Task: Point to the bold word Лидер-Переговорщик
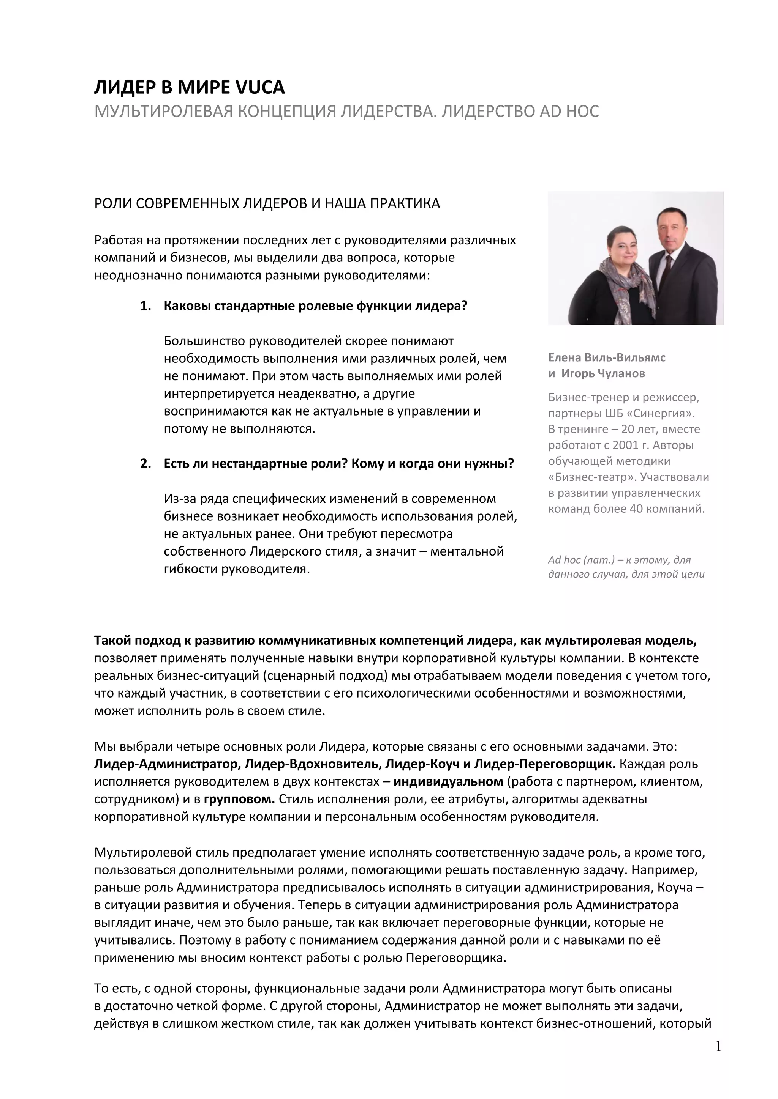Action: point(544,764)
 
